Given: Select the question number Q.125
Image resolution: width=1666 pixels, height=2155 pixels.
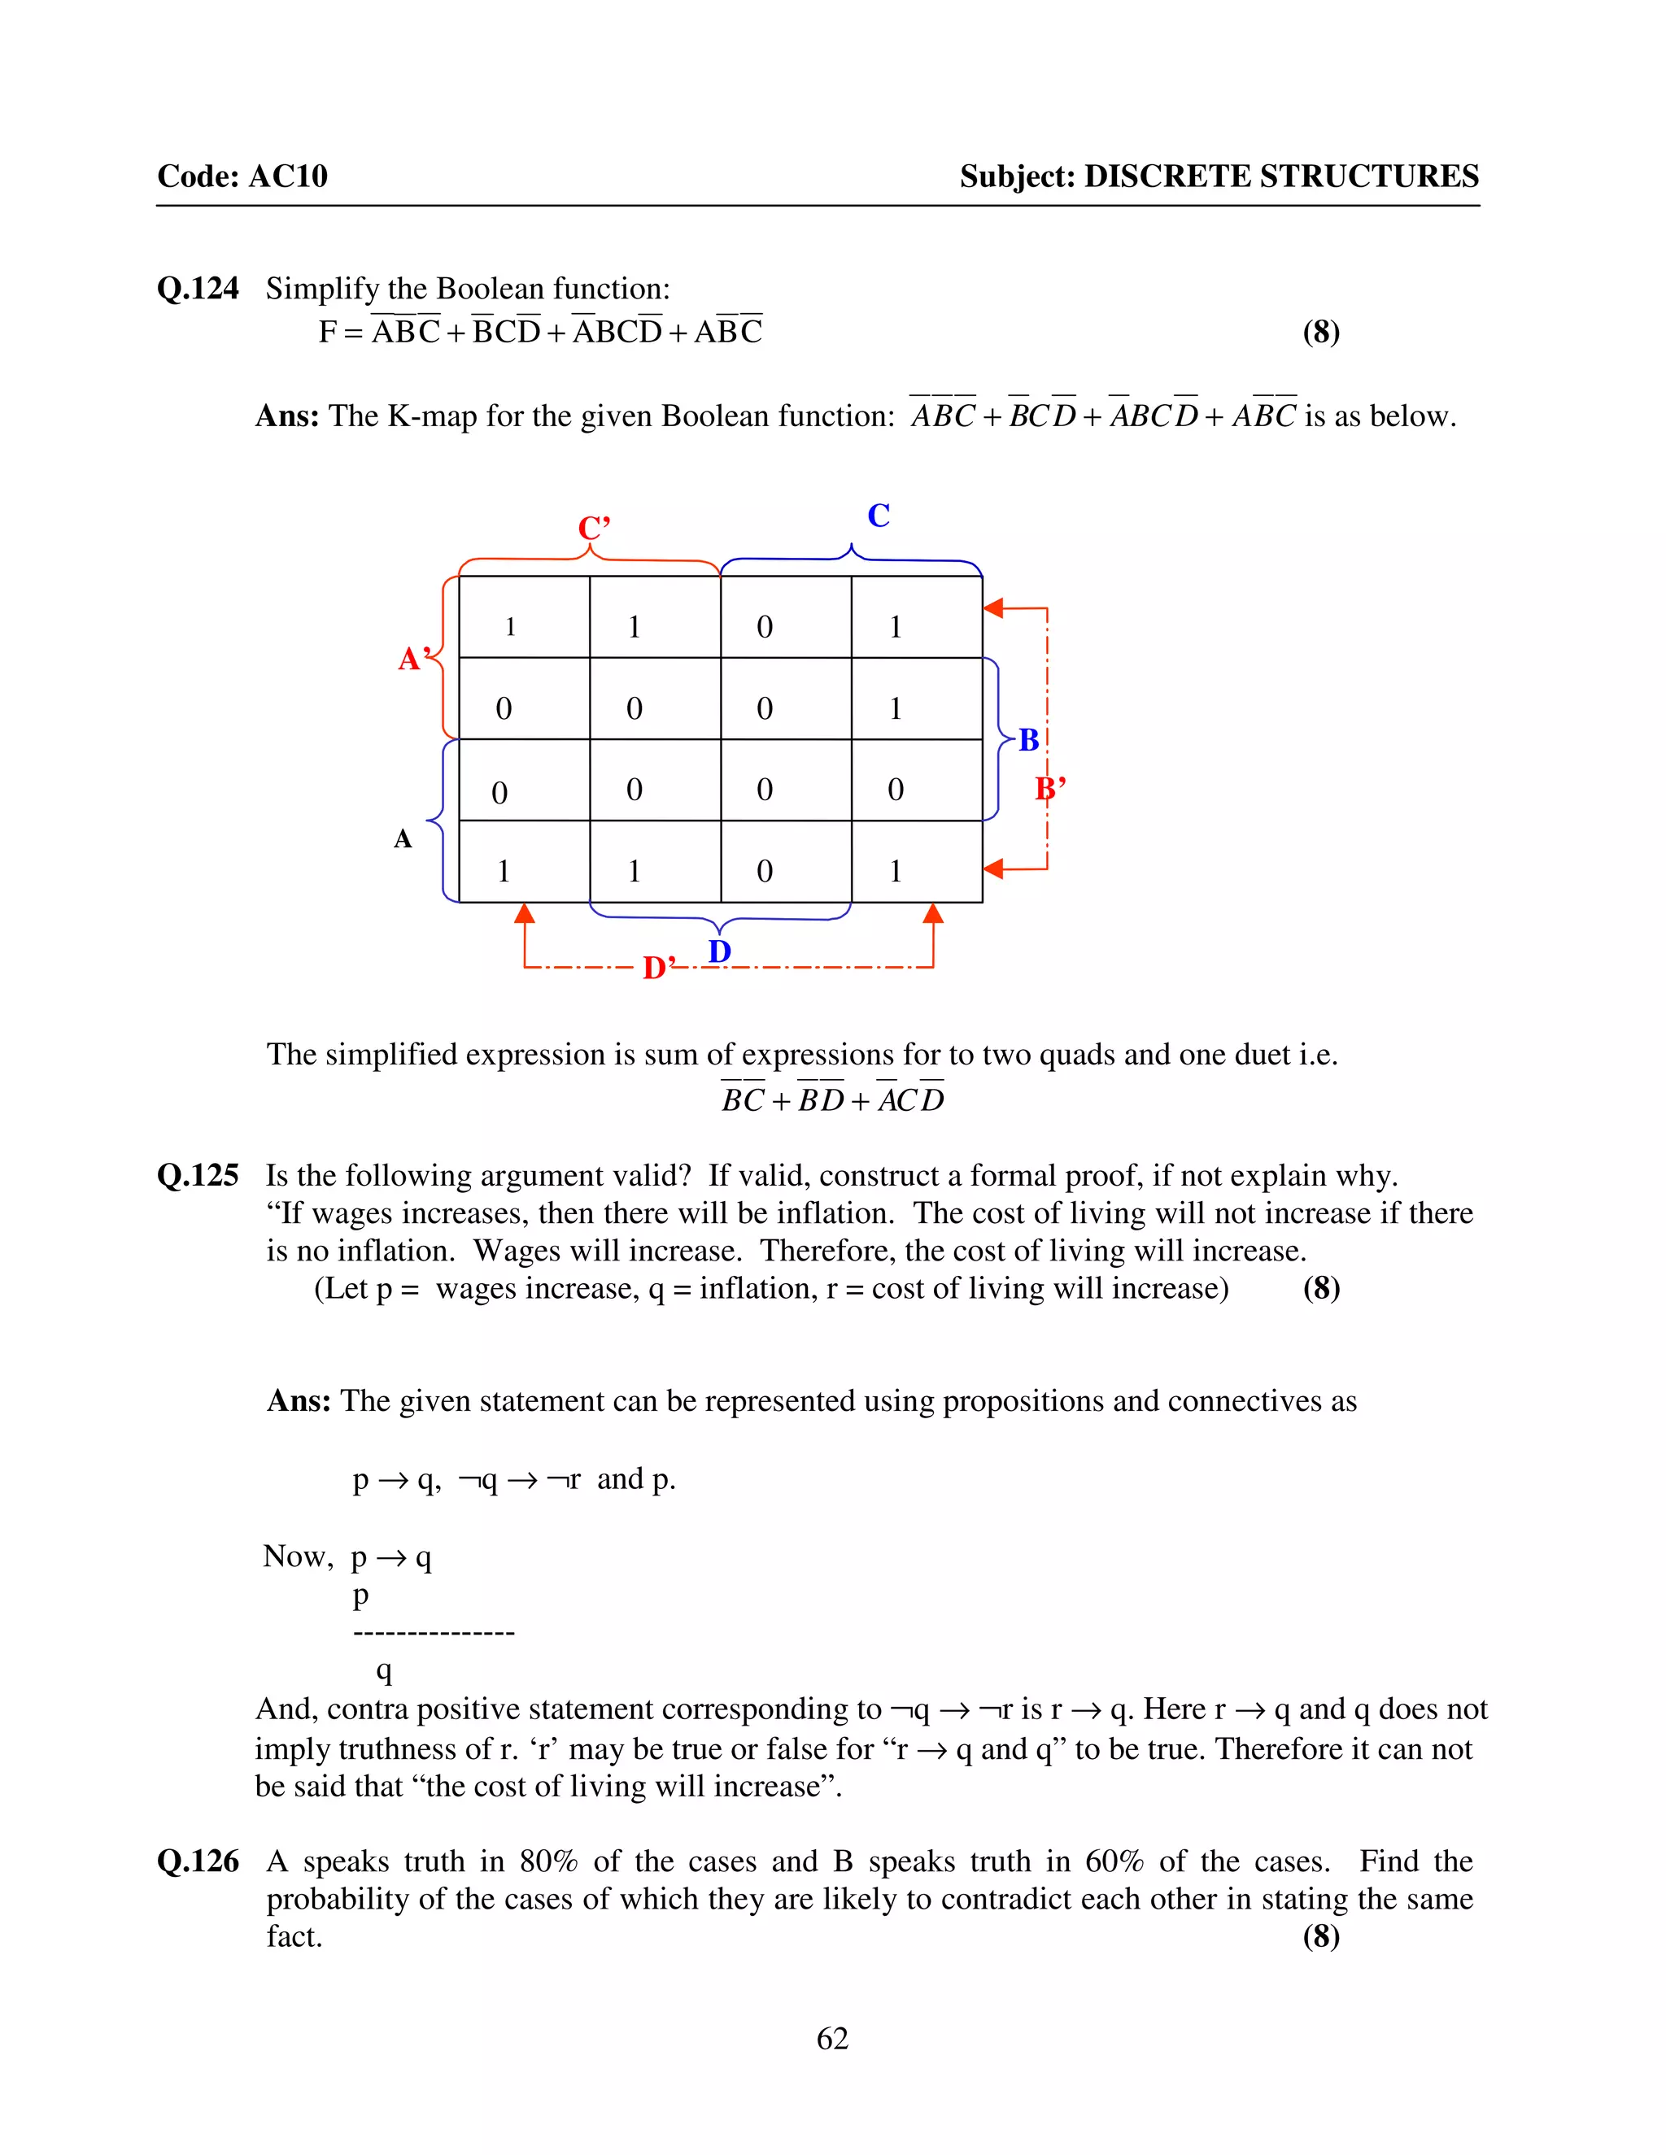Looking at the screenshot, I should pos(198,1175).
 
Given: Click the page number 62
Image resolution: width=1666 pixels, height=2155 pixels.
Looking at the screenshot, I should pos(832,2039).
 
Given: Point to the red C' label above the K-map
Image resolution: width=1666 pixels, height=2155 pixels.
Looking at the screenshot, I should pos(594,528).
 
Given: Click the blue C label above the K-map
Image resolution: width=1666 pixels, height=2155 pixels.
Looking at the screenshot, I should pos(879,515).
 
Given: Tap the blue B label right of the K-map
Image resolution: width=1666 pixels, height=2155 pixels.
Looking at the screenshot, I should pos(1028,740).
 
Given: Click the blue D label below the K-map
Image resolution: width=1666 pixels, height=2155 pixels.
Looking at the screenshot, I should pos(719,951).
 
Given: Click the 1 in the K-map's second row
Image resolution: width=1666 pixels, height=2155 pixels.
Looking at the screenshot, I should pos(895,708).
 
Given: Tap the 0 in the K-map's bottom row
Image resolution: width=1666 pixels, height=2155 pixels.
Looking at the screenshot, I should pos(765,871).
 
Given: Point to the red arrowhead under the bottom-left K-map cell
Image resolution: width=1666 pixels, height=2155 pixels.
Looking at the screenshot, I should pos(525,914).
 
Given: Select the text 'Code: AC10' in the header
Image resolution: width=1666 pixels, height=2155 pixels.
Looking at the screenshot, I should pos(242,176).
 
